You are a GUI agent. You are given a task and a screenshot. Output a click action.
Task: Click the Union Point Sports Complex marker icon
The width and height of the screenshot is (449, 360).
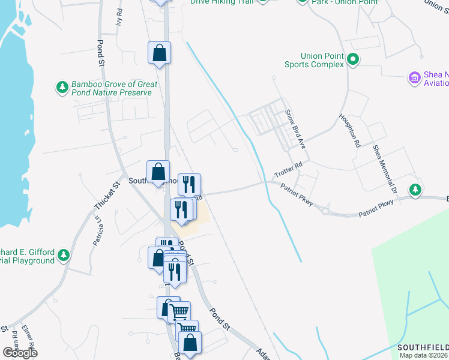[353, 59]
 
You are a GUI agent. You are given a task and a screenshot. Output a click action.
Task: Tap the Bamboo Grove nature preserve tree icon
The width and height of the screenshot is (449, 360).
[62, 88]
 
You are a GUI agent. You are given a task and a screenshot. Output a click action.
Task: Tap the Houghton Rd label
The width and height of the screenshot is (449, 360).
[349, 131]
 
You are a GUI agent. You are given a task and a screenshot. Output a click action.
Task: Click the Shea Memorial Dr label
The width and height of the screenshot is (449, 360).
[385, 170]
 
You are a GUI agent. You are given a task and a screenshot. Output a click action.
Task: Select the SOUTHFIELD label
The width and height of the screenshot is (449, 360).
[423, 347]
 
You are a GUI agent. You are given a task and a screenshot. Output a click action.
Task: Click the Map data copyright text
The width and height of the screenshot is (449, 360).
[424, 355]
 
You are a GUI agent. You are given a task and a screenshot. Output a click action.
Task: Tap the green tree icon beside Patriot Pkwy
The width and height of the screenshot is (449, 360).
[415, 190]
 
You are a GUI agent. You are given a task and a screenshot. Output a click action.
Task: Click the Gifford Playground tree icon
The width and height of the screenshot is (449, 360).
[63, 256]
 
